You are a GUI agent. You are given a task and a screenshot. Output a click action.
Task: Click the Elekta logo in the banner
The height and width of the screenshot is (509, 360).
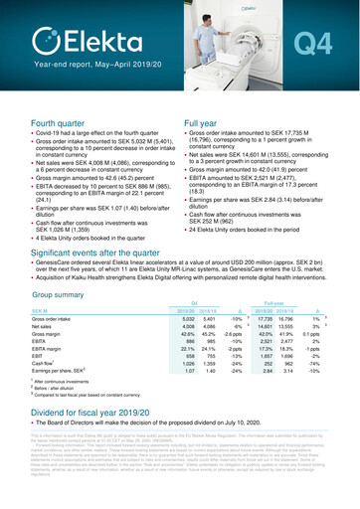click(x=80, y=40)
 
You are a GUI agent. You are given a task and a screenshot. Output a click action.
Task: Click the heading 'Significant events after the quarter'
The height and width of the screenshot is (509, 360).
click(x=105, y=255)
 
